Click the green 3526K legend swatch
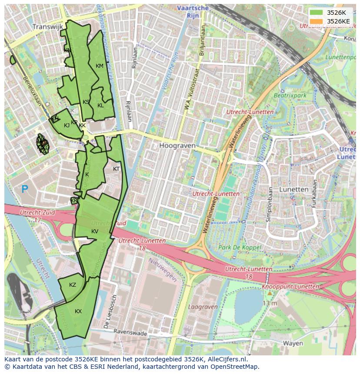click(317, 13)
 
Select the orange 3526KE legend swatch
click(317, 21)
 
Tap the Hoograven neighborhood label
click(177, 146)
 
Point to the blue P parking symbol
click(25, 189)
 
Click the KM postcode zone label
click(100, 66)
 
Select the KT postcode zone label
click(116, 169)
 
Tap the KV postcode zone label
click(95, 232)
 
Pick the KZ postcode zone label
click(73, 285)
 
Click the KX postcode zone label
click(78, 311)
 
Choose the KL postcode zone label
click(100, 106)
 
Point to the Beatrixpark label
click(290, 95)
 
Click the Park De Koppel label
click(239, 248)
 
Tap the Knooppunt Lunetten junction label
click(290, 287)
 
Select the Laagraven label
click(203, 307)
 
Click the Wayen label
click(293, 343)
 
